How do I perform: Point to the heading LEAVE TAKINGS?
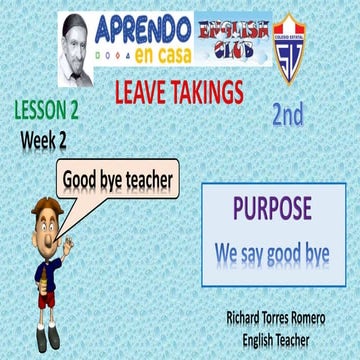(179, 93)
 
